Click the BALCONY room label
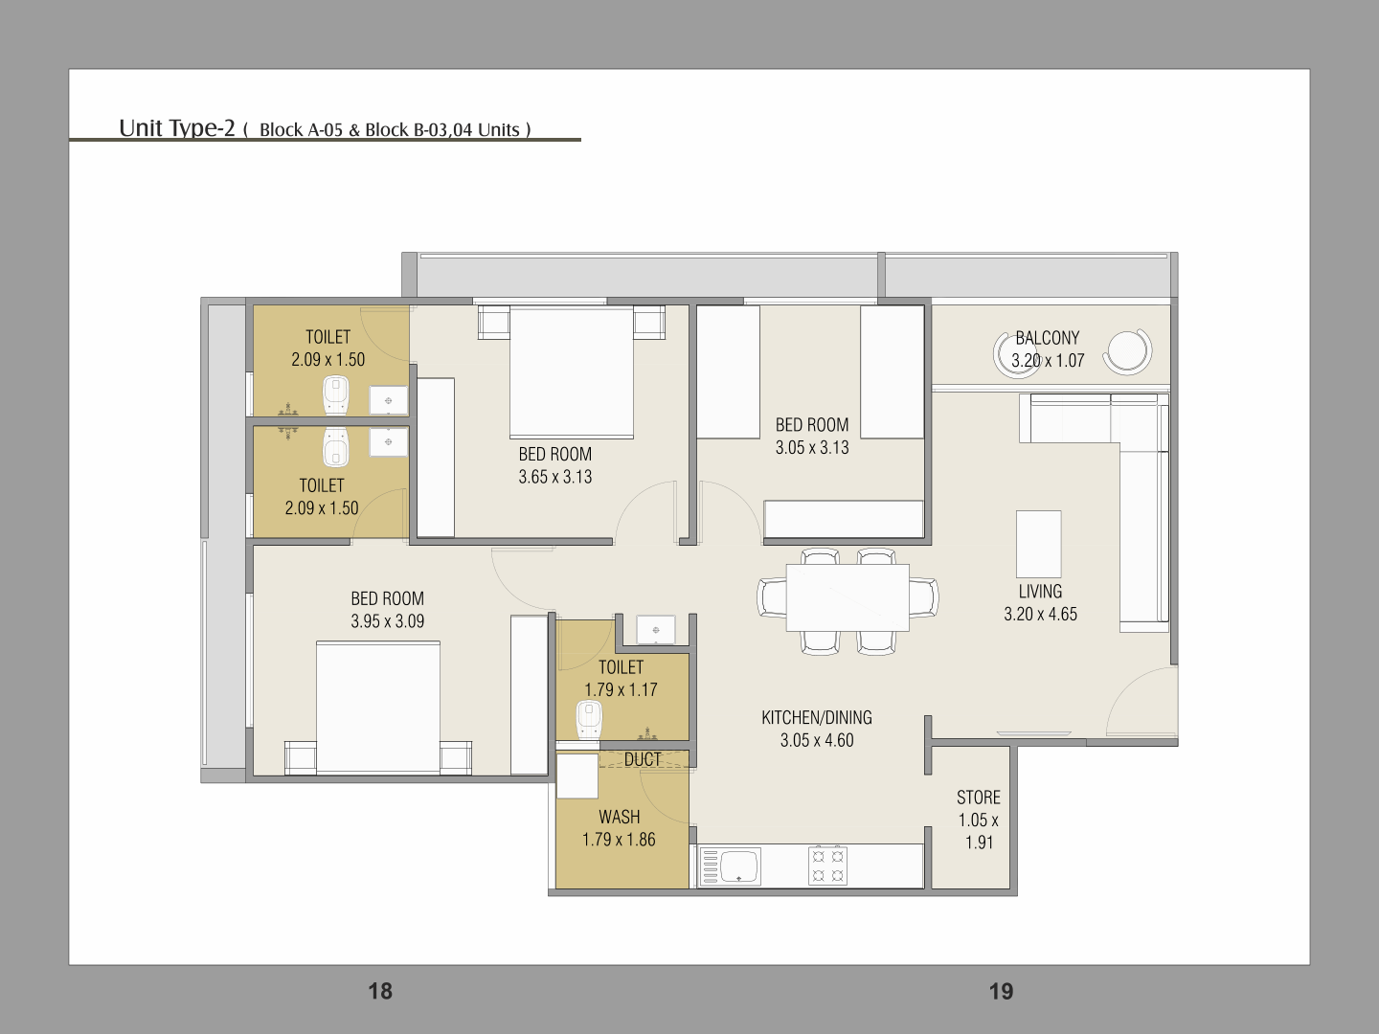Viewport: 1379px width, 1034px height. point(1048,338)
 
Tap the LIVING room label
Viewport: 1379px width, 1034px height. point(1040,592)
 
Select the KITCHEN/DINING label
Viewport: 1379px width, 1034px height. point(817,718)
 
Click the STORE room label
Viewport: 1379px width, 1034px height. point(978,798)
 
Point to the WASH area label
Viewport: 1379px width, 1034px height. point(619,817)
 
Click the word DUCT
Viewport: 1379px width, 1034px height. point(642,759)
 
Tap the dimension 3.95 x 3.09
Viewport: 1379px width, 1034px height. point(388,621)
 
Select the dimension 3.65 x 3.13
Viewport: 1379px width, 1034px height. point(555,477)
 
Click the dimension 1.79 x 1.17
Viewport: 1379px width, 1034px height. point(621,689)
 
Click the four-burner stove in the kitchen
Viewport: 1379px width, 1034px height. point(827,865)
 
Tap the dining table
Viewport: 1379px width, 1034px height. point(848,597)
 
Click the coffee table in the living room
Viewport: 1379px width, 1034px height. point(1038,544)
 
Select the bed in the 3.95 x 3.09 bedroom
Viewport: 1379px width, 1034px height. point(377,708)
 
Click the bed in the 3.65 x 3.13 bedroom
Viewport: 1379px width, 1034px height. point(571,371)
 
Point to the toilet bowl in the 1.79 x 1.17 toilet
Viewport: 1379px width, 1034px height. point(589,719)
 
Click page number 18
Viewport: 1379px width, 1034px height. point(380,991)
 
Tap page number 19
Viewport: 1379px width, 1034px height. point(1002,991)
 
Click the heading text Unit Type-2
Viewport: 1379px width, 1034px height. point(176,128)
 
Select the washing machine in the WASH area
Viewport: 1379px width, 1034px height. point(577,775)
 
